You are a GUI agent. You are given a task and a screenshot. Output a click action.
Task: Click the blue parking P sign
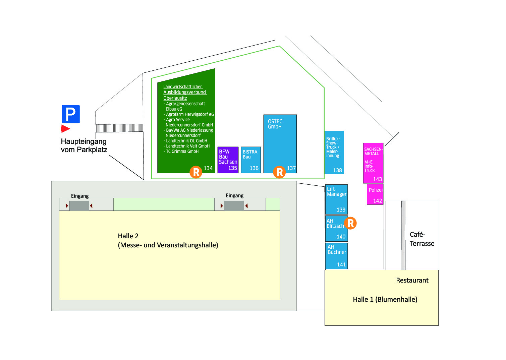point(70,114)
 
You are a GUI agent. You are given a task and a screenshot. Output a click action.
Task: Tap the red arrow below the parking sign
point(65,129)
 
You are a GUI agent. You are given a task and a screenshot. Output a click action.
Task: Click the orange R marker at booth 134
point(196,172)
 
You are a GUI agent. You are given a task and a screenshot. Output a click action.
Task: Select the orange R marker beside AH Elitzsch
point(350,223)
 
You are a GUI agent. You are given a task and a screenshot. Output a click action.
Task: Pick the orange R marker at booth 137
point(279,172)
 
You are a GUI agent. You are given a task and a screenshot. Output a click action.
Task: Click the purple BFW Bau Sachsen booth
point(228,160)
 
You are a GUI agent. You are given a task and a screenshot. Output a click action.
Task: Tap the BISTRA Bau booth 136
point(250,160)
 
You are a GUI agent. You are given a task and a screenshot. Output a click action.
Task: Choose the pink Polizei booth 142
point(375,194)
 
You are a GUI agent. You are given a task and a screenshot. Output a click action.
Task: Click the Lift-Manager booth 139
point(336,199)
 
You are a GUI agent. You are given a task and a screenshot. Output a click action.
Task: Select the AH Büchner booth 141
point(336,256)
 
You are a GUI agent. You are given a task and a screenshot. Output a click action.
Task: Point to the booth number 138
point(337,170)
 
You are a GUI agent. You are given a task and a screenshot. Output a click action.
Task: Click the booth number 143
point(378,179)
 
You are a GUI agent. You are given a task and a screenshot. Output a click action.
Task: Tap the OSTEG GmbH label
point(275,124)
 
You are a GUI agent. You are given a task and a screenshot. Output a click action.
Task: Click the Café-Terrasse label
point(421,239)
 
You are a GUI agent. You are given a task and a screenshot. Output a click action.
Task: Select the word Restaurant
point(412,280)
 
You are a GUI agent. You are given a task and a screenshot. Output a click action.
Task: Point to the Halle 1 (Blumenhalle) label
point(385,299)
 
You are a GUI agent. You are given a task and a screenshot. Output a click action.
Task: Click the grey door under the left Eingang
point(79,206)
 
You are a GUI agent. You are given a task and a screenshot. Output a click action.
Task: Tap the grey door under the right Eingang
point(234,206)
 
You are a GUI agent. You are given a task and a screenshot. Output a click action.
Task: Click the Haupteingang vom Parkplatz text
point(84,145)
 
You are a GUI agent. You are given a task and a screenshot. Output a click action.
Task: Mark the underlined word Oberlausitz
point(175,98)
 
